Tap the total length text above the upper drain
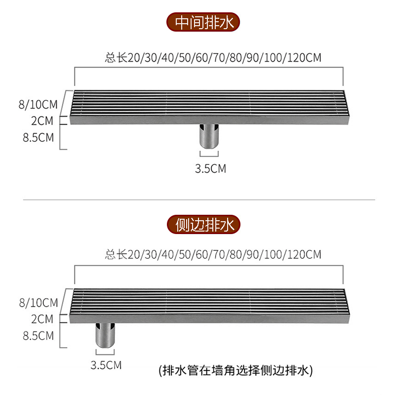click(x=213, y=58)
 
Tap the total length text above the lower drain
click(x=213, y=255)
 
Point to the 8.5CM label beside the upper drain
click(x=38, y=137)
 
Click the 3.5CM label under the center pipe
click(x=210, y=169)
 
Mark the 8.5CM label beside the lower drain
click(x=38, y=335)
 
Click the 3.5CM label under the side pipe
click(x=106, y=365)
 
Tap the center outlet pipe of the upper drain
click(x=209, y=134)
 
